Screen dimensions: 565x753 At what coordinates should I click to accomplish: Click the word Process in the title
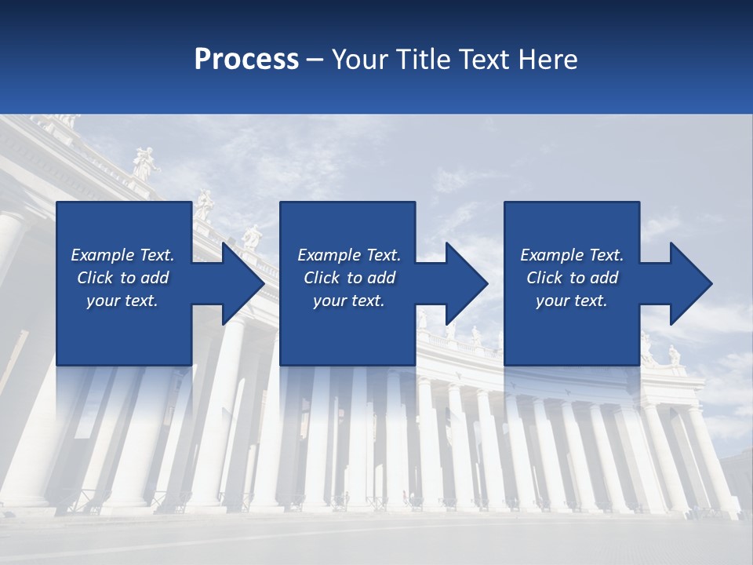[x=246, y=59]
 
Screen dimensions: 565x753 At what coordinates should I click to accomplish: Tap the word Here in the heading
[x=547, y=59]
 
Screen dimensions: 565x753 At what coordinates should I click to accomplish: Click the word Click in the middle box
[x=320, y=278]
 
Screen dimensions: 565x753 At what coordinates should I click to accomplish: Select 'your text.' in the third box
[x=571, y=301]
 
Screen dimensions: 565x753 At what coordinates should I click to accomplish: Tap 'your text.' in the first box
[x=122, y=301]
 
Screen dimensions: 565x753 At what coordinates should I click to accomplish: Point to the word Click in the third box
[x=544, y=278]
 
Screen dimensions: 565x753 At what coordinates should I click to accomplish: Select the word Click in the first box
[x=94, y=278]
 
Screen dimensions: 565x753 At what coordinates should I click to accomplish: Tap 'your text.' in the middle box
[x=348, y=301]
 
